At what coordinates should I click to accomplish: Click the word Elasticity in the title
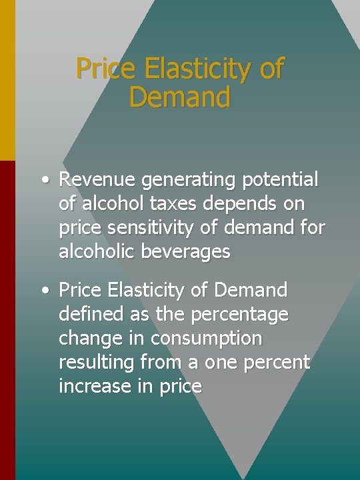201,69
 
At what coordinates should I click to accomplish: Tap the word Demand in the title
180,97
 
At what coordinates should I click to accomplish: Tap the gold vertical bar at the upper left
7,80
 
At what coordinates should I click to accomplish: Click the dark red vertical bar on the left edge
7,320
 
